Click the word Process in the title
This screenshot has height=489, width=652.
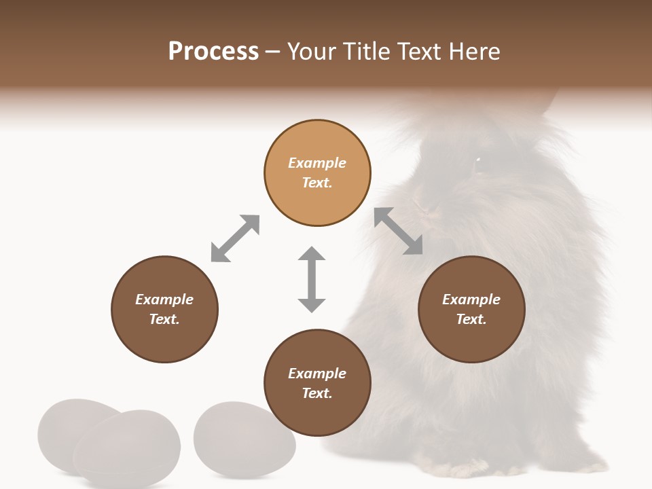coord(213,51)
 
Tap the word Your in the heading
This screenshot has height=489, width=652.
coord(313,51)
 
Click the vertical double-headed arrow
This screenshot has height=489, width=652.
coord(312,279)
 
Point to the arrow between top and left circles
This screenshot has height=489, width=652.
coord(235,238)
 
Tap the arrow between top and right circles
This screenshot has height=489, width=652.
coord(399,231)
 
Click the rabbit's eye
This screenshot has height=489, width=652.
coord(477,161)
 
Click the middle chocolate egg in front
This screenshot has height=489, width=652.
coord(128,450)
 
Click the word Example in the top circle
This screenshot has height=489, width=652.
coord(317,163)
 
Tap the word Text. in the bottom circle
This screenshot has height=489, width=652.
coord(317,393)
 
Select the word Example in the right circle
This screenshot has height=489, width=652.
coord(471,300)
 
